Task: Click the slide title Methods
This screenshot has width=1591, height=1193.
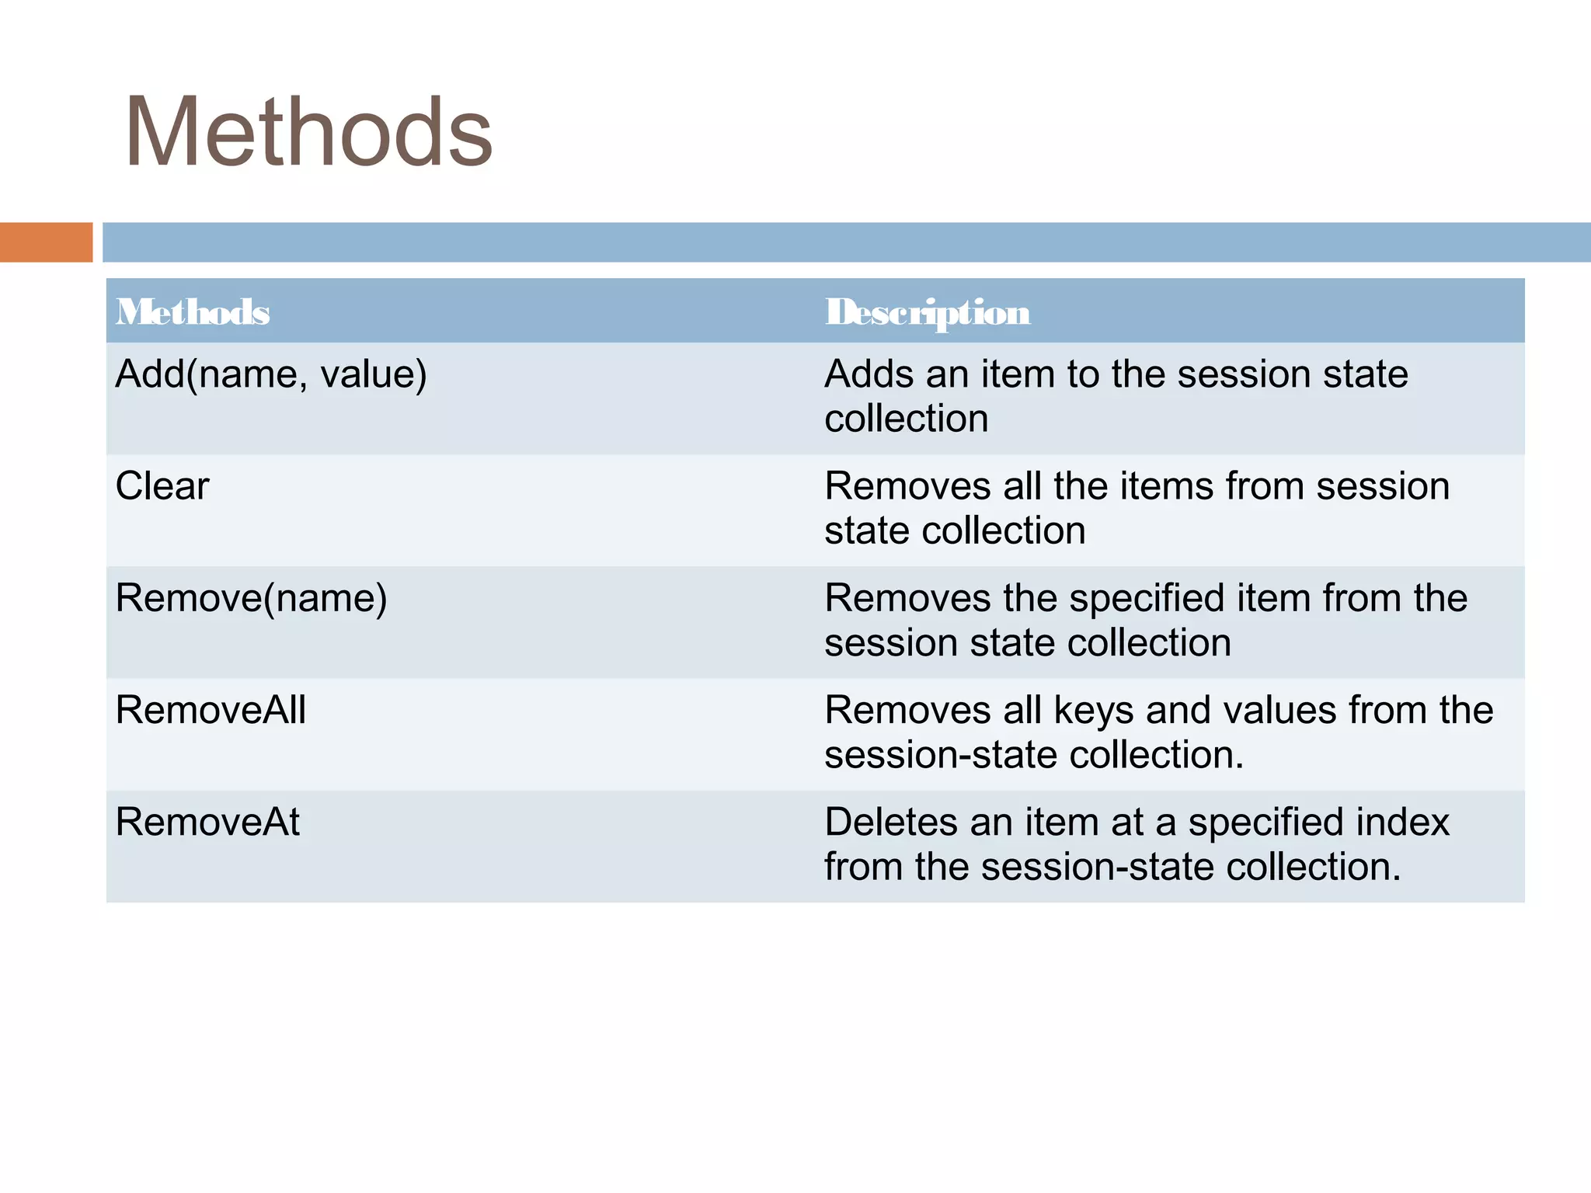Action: tap(308, 132)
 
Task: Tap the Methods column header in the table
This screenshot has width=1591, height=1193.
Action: tap(193, 312)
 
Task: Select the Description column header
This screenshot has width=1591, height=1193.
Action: tap(928, 312)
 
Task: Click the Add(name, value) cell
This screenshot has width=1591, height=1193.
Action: tap(271, 374)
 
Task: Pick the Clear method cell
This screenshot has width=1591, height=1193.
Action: tap(162, 487)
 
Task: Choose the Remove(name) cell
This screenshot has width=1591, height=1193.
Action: tap(251, 599)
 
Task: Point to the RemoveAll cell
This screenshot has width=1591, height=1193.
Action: tap(211, 711)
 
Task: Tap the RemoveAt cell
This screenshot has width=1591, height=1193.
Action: tap(207, 823)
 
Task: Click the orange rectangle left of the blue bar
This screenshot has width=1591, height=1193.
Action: tap(46, 242)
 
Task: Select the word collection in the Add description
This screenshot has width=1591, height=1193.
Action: tap(906, 419)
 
